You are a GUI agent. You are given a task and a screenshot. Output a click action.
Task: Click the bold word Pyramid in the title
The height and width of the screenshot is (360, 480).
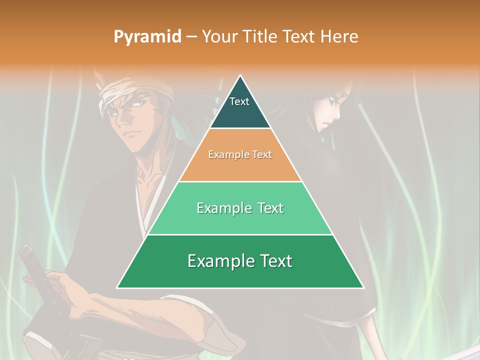click(147, 37)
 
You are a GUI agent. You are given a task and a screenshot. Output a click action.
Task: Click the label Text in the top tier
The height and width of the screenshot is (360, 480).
click(239, 101)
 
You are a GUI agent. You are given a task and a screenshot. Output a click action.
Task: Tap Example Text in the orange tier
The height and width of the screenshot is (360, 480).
click(240, 154)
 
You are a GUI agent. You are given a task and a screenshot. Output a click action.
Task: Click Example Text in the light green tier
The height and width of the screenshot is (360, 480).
click(240, 208)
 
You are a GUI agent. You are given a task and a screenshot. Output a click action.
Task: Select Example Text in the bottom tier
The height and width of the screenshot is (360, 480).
click(240, 261)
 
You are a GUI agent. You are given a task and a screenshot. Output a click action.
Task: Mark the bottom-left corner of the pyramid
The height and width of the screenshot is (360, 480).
click(117, 288)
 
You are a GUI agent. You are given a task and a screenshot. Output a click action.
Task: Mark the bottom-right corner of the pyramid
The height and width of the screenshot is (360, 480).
click(363, 288)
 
